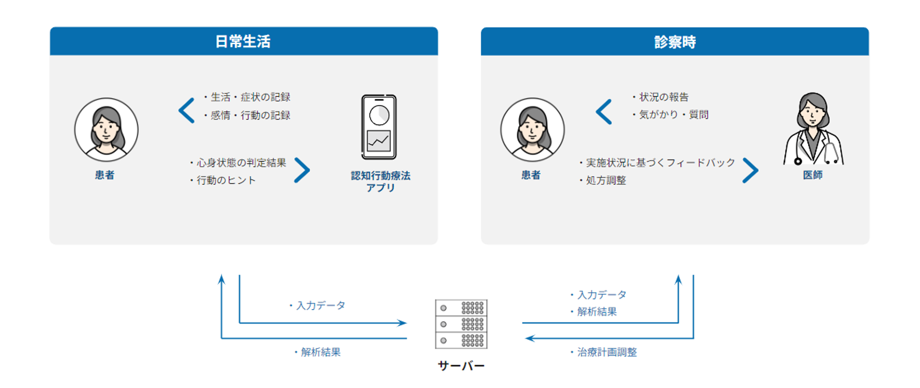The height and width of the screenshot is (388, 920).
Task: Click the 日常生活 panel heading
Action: pos(243,42)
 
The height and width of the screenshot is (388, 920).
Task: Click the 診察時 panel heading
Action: pos(674,42)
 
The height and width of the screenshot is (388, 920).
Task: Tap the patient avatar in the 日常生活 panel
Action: pos(106,130)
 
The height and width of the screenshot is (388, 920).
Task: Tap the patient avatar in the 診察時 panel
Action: pos(532,130)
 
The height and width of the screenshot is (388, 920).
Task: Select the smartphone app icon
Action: pos(379,127)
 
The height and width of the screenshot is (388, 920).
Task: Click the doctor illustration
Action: pos(813,130)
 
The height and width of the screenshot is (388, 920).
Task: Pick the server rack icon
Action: pos(461,324)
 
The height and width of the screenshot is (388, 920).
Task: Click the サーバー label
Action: pos(461,366)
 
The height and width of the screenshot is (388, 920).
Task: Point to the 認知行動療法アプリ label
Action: pos(381,181)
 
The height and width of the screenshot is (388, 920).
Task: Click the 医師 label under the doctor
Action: pos(813,175)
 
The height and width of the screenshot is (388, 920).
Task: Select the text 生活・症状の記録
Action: pos(250,97)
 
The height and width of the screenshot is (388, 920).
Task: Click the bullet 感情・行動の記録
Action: pos(250,115)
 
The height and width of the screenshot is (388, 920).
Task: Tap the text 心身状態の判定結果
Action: pos(241,163)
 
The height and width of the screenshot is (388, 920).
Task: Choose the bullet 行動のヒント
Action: pos(226,180)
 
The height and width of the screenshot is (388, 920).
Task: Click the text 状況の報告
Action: pos(664,97)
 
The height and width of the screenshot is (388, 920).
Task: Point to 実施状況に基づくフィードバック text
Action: pos(660,163)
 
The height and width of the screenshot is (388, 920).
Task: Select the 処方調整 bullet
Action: pos(606,180)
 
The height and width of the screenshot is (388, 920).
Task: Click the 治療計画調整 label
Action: pos(607,352)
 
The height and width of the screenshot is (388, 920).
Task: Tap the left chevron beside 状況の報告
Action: pos(604,112)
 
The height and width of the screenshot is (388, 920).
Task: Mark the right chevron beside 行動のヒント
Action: pos(302,170)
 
